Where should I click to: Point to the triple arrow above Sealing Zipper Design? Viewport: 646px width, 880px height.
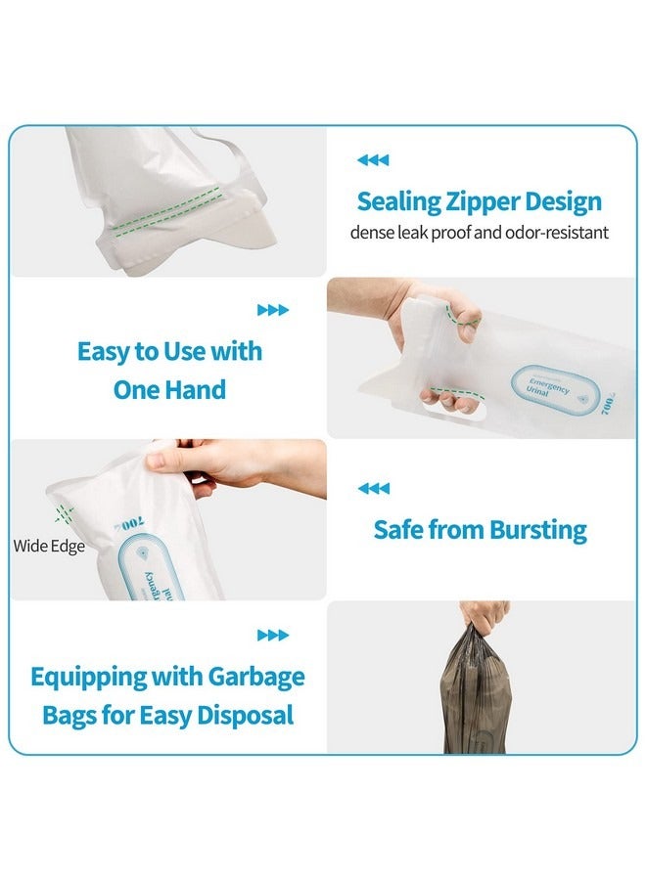point(373,160)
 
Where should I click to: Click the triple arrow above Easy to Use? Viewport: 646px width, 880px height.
point(273,310)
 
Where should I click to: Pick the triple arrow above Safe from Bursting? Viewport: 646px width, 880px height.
point(373,488)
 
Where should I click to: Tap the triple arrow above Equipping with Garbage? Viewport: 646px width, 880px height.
point(273,636)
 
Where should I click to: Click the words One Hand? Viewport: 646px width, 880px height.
point(169,390)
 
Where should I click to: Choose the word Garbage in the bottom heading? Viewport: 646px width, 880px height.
point(255,677)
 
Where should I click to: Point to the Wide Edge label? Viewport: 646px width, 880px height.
point(49,546)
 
